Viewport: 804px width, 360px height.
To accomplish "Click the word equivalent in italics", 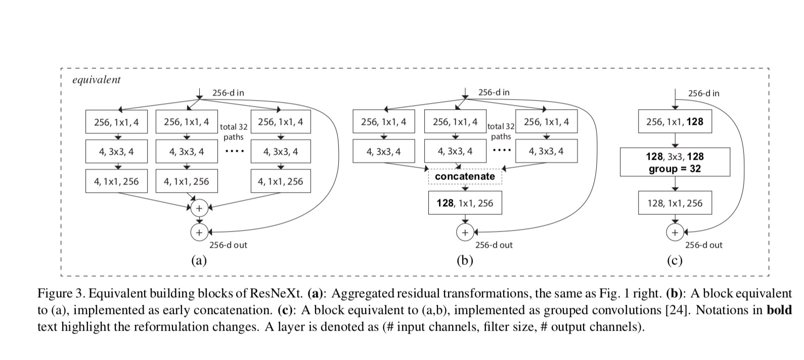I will tap(97, 80).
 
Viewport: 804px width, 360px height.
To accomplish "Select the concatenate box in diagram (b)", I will tap(465, 176).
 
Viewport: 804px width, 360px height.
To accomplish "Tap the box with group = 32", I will tap(675, 162).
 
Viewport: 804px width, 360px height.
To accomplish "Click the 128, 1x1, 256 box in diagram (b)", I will tap(465, 203).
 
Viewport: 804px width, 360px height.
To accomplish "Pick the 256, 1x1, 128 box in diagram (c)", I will tap(675, 122).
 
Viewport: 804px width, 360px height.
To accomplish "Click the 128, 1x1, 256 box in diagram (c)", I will tap(675, 203).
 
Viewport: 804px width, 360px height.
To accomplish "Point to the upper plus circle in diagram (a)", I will tap(199, 208).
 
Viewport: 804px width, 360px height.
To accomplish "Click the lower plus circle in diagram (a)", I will tap(199, 232).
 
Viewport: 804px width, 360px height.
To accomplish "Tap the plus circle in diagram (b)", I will tap(465, 232).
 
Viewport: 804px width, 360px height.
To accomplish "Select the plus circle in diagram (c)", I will tap(675, 233).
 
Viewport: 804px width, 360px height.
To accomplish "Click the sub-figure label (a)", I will tap(199, 261).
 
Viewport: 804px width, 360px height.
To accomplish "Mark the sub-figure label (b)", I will tap(465, 261).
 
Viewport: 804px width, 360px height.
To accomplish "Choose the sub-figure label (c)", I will tap(675, 261).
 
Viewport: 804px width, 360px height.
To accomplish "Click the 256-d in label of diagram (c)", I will tap(703, 93).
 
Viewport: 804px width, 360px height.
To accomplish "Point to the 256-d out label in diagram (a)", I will tap(228, 245).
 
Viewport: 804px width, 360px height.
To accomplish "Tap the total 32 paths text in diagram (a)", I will tap(233, 132).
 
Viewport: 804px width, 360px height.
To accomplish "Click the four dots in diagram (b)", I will tap(501, 151).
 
